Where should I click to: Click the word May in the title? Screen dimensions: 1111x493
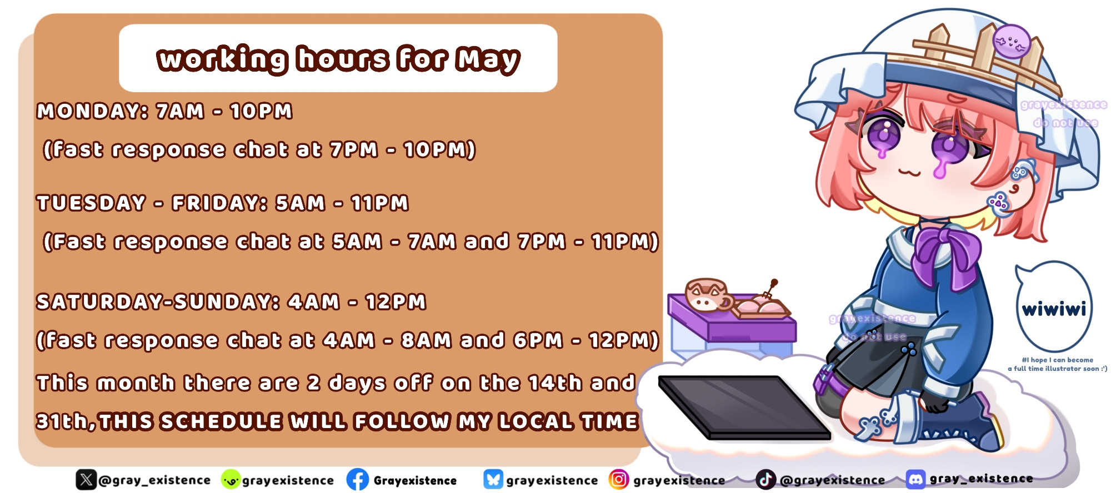click(x=488, y=60)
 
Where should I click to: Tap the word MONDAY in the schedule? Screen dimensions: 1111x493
click(x=88, y=111)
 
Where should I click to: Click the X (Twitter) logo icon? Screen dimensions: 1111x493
click(x=86, y=480)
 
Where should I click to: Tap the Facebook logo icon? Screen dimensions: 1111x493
click(x=358, y=480)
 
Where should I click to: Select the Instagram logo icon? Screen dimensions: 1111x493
click(x=619, y=479)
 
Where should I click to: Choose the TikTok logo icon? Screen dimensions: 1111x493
click(x=765, y=479)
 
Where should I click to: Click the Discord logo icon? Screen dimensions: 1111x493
click(x=915, y=479)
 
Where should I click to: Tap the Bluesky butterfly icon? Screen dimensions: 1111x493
click(x=493, y=479)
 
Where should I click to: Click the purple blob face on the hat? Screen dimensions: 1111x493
click(x=1012, y=42)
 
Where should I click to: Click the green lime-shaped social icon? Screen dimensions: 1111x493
click(x=231, y=480)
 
